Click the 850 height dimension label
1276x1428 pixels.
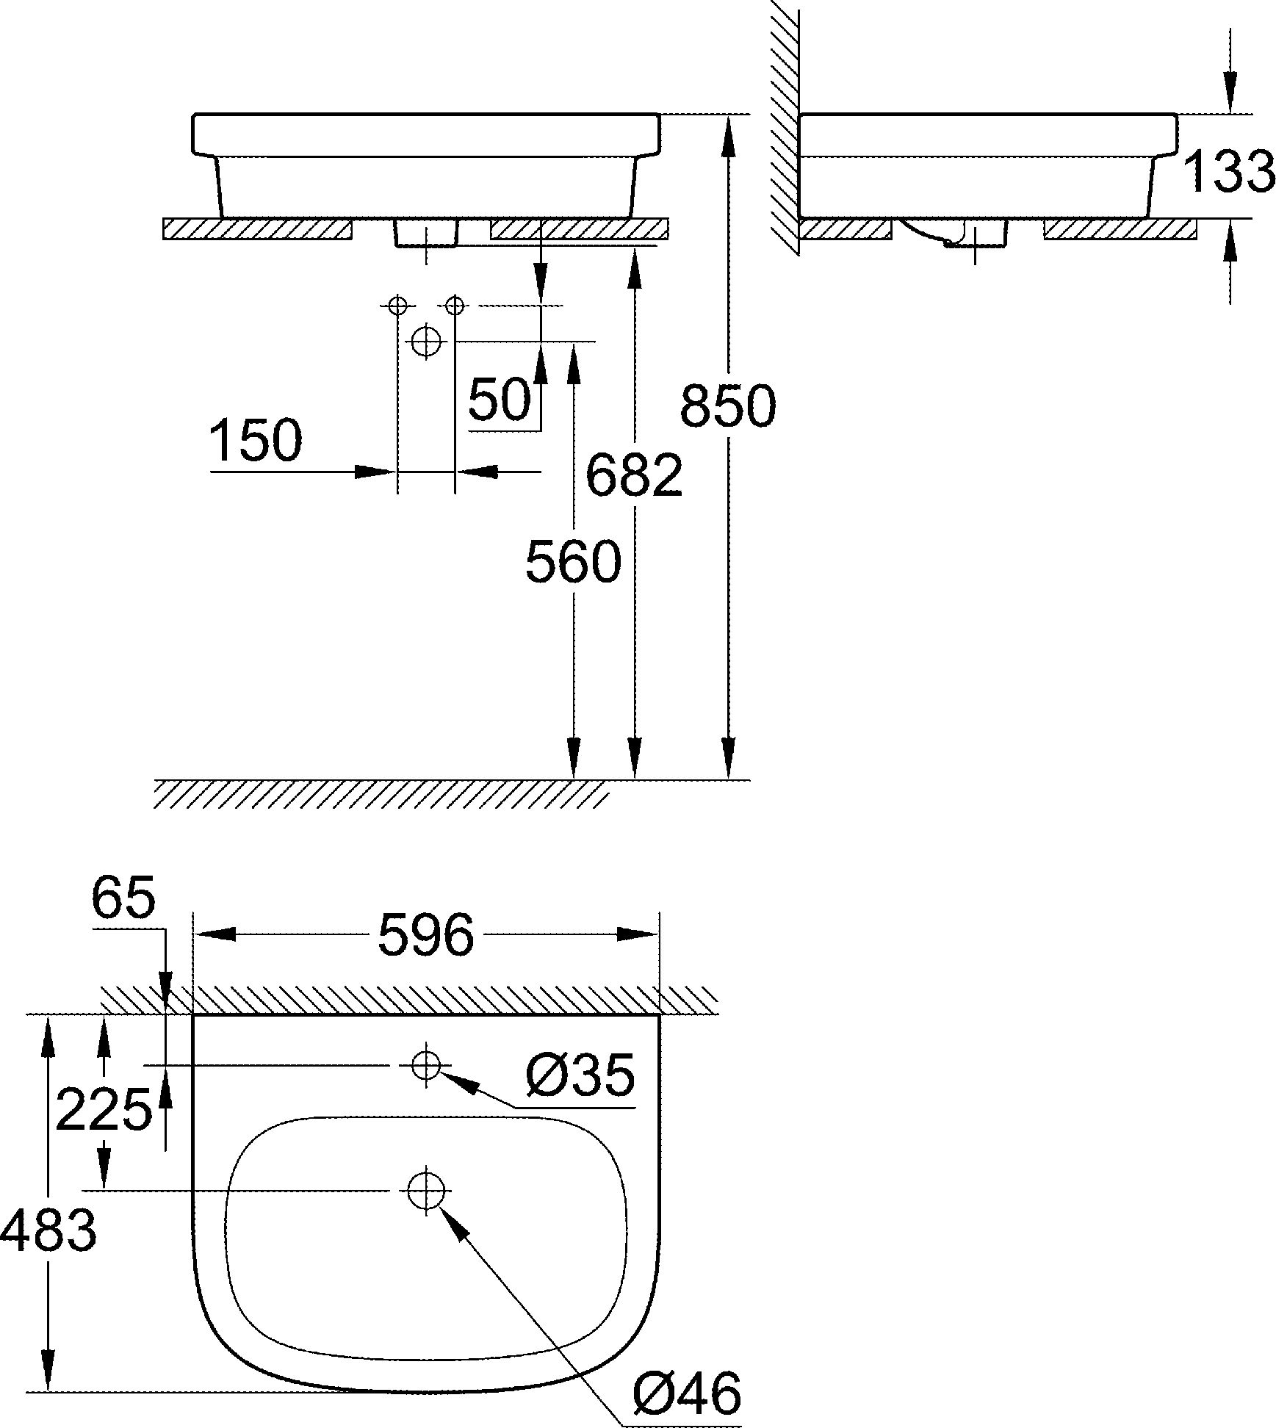[727, 406]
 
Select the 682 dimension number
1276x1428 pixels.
[634, 475]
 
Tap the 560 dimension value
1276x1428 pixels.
[573, 562]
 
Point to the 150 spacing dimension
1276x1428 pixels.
[255, 441]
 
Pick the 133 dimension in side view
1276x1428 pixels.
[1228, 172]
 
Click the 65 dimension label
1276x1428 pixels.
[124, 898]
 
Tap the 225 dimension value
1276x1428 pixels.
[103, 1110]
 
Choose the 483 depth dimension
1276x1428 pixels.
[48, 1231]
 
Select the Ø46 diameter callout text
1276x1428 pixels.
[686, 1394]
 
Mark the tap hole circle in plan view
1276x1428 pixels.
[425, 1064]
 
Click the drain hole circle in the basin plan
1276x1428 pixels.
[425, 1189]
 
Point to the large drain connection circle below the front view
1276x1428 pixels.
[425, 340]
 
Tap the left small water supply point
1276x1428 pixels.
[397, 305]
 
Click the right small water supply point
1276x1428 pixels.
[455, 305]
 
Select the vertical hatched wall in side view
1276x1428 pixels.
[785, 125]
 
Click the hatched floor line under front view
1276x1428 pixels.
[382, 794]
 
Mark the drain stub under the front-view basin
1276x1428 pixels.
[426, 233]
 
